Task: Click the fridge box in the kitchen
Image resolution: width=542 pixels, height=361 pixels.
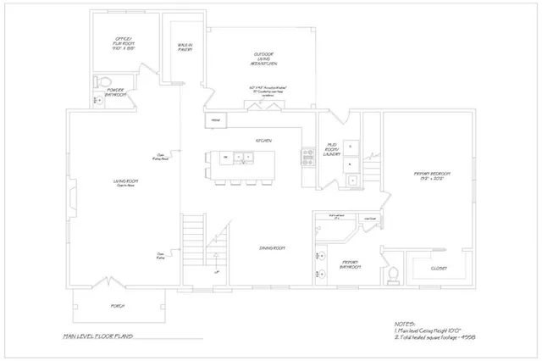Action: pyautogui.click(x=215, y=120)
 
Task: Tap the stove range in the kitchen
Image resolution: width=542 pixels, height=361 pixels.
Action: pyautogui.click(x=307, y=156)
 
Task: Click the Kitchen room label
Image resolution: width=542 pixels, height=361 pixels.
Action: pyautogui.click(x=263, y=140)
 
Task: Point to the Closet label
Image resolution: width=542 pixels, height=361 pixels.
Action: pyautogui.click(x=439, y=268)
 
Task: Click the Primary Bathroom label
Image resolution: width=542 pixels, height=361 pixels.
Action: pyautogui.click(x=351, y=264)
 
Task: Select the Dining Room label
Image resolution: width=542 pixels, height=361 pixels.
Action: pyautogui.click(x=272, y=247)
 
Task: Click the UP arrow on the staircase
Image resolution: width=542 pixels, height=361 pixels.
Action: pyautogui.click(x=217, y=272)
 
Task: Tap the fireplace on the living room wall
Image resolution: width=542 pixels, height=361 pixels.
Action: pyautogui.click(x=72, y=189)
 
